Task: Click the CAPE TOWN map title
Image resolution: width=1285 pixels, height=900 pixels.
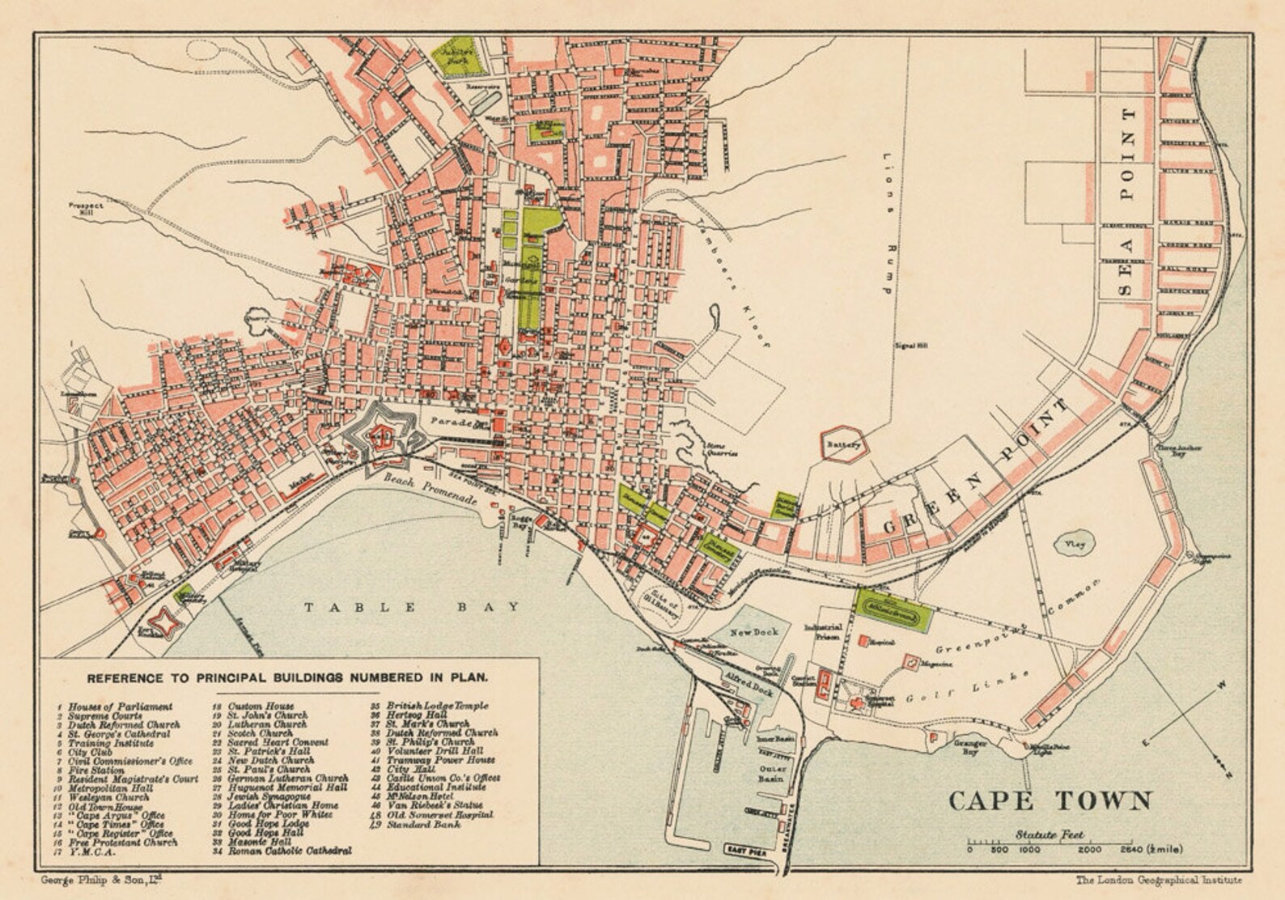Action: click(x=1050, y=800)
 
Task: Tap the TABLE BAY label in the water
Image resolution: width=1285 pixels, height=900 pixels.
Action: click(x=412, y=607)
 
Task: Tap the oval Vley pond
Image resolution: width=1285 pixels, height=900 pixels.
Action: click(x=1073, y=546)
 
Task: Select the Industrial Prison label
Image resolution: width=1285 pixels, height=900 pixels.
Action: click(x=824, y=633)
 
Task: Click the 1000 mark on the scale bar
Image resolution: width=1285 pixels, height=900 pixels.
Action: click(x=1029, y=850)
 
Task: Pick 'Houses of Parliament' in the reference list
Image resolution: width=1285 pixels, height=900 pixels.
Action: click(x=120, y=707)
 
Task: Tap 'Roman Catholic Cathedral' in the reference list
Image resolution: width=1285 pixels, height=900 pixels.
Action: click(x=290, y=851)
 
